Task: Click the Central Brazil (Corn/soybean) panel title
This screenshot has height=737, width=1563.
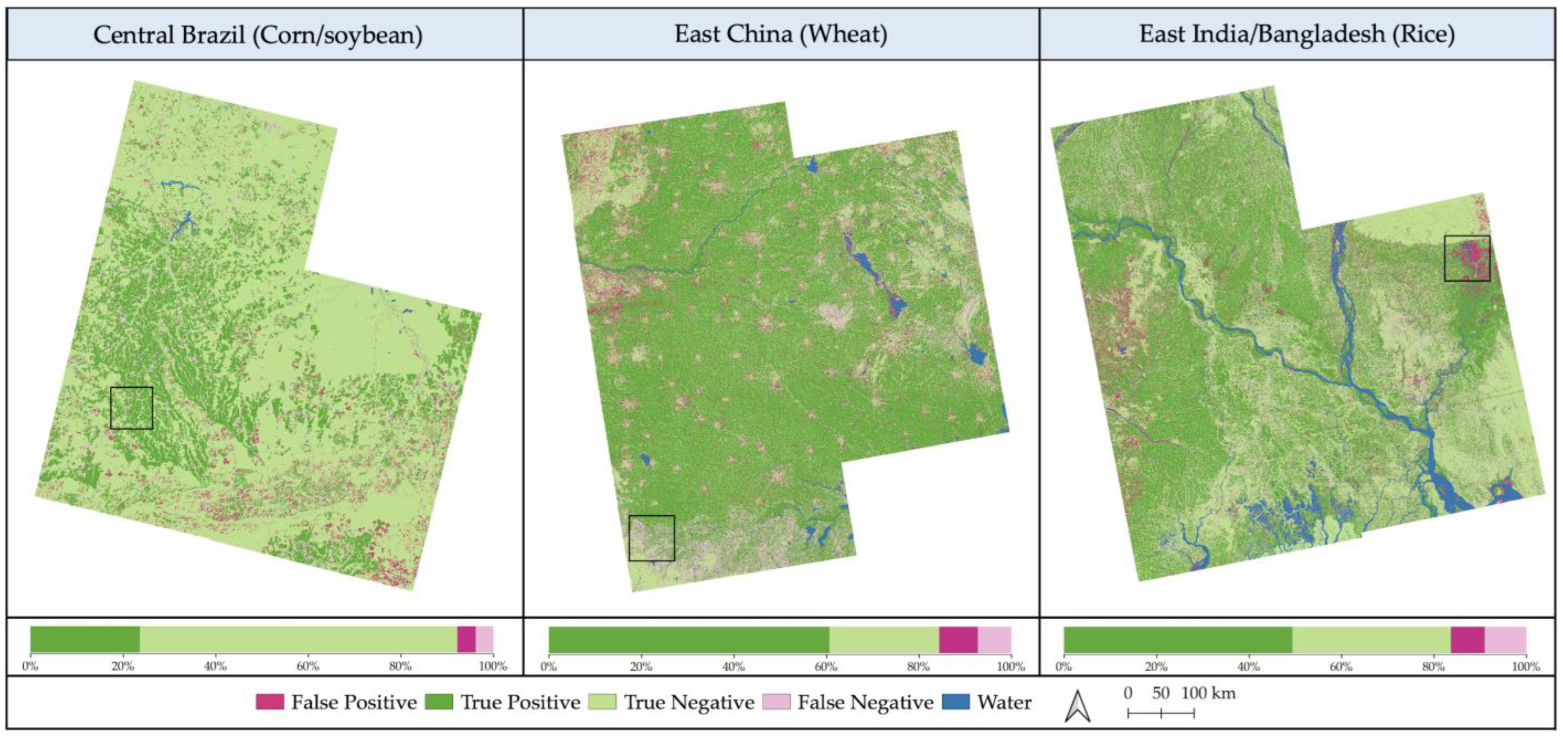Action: click(258, 35)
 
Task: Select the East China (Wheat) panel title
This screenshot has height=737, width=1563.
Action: click(781, 34)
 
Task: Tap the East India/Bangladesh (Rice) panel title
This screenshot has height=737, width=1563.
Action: click(1297, 34)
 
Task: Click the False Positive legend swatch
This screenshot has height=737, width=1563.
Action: click(269, 702)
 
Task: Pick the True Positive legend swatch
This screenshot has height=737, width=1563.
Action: click(439, 702)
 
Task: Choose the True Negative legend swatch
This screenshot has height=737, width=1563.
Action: click(603, 702)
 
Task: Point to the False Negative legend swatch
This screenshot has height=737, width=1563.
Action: click(776, 702)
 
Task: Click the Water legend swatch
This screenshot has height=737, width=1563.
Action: click(956, 702)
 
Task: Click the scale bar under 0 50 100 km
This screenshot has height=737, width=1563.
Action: click(1161, 713)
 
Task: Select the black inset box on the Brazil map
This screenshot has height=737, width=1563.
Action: click(132, 408)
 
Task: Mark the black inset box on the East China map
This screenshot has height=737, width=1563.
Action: click(652, 538)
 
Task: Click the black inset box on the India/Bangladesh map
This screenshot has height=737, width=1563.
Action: click(1467, 259)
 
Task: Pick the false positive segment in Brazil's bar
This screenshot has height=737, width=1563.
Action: click(466, 639)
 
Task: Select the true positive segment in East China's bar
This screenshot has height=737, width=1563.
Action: click(689, 639)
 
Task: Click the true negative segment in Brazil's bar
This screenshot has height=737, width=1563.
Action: click(298, 639)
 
